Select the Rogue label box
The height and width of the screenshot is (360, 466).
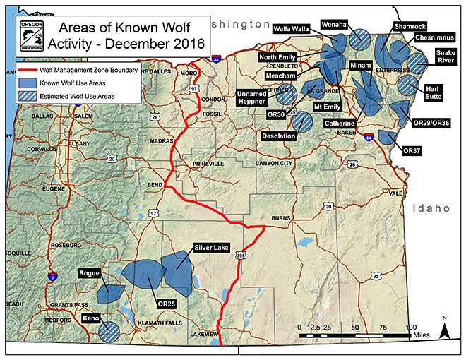(x=90, y=274)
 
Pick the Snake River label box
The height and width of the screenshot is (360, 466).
(x=446, y=56)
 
